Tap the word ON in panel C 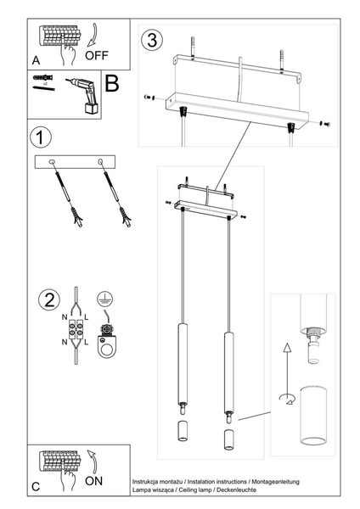97,480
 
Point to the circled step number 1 37,137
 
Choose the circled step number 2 48,299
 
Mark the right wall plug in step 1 126,220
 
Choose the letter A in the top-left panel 36,61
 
